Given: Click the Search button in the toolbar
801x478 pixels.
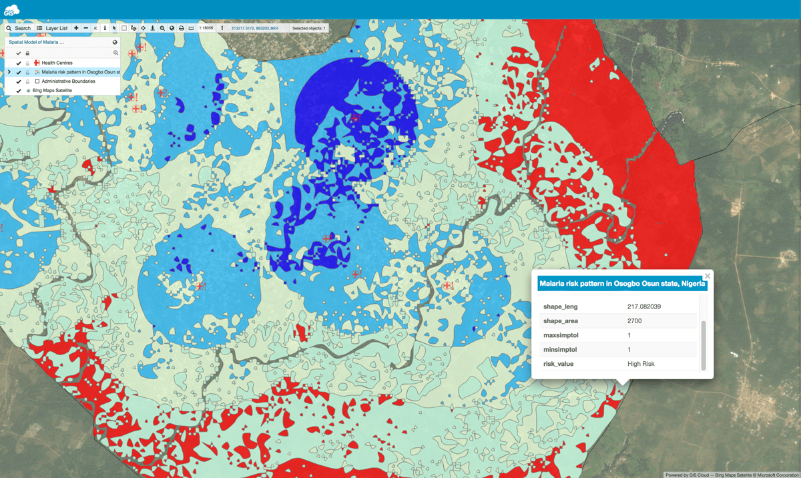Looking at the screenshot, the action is coord(19,29).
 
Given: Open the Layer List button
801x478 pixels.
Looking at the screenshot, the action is coord(52,29).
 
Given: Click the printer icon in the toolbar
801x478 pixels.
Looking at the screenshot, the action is coord(181,29).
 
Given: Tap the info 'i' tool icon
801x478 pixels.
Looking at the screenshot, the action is coord(105,29).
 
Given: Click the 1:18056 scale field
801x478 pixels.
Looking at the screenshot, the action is coord(206,29).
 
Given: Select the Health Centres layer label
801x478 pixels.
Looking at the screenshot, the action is coord(57,63).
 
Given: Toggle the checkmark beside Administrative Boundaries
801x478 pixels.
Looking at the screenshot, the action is coord(19,81).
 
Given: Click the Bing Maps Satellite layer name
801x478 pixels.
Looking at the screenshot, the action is coord(52,90).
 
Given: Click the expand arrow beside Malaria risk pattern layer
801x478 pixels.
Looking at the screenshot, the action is coord(9,72).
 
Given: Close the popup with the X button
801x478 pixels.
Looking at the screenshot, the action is coord(708,276).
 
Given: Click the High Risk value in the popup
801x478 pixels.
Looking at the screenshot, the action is coord(641,364).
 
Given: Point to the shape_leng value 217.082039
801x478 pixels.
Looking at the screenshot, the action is coord(644,306).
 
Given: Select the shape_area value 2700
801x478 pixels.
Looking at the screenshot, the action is coord(634,321).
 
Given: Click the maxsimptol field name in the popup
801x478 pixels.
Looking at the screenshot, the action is coord(561,335).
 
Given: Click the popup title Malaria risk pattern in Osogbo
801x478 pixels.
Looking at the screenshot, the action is coord(621,284).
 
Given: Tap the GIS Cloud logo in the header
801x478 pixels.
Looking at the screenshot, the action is coord(11,9).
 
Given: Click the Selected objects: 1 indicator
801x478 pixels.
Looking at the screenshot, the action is coord(309,29).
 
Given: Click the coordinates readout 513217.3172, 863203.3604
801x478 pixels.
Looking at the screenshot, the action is coord(255,29).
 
